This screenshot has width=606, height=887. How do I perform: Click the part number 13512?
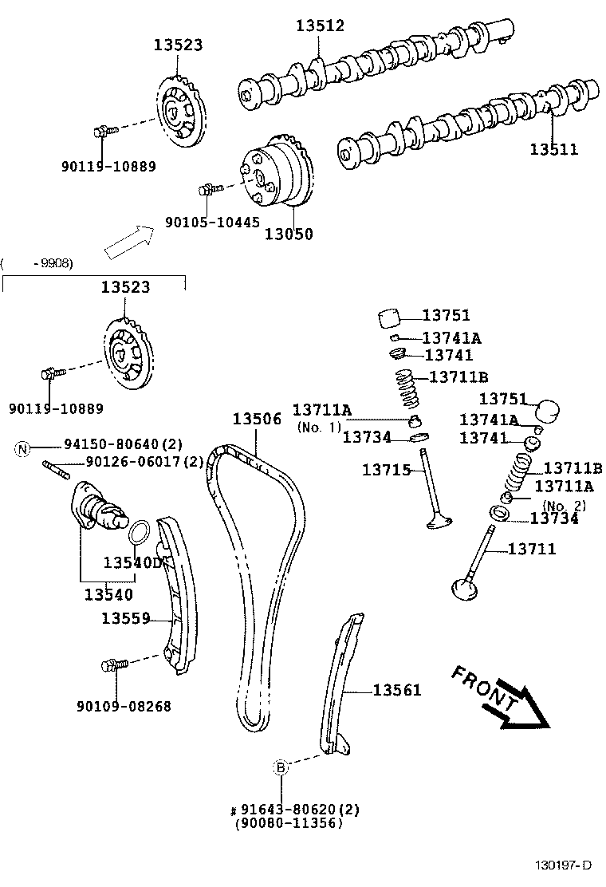320,26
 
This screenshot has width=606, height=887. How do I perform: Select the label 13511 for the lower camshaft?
554,149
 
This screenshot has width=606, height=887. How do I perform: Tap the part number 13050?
289,235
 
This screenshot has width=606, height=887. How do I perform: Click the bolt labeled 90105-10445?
206,190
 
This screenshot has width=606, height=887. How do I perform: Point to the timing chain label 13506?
257,419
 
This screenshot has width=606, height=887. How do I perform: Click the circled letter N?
22,449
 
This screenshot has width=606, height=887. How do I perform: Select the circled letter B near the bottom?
281,768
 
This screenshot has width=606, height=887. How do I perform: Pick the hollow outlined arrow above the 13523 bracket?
131,241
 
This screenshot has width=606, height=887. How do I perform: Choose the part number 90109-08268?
124,706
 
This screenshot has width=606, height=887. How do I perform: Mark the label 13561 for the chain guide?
396,690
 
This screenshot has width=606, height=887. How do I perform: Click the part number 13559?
126,617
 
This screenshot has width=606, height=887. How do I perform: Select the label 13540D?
132,562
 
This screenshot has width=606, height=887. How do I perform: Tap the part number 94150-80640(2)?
123,449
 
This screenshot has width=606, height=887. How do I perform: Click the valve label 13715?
387,470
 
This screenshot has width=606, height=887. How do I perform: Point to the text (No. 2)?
564,505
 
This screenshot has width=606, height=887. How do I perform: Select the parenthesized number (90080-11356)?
289,823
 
